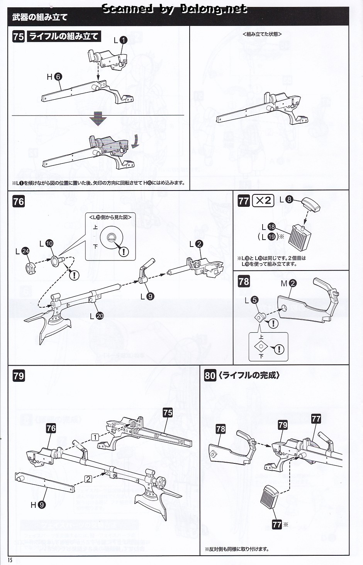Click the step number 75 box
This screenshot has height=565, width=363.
tap(19, 37)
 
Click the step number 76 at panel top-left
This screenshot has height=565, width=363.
tap(19, 202)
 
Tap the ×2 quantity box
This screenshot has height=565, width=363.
tap(263, 201)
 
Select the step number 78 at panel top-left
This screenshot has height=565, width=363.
tap(244, 281)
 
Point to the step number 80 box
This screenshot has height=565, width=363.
tap(210, 376)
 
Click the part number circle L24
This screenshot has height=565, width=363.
tap(26, 251)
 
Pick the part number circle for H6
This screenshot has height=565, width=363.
tap(58, 77)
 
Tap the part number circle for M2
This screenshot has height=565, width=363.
tap(292, 283)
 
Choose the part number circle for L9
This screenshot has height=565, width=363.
tap(150, 296)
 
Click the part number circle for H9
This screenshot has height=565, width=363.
tap(42, 504)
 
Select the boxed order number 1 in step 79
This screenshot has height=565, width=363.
tap(94, 437)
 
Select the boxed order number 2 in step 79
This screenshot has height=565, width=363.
tap(88, 479)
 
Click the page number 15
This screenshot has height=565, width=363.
tap(9, 560)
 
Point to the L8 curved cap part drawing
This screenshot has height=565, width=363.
tap(311, 204)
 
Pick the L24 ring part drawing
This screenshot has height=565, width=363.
tap(30, 267)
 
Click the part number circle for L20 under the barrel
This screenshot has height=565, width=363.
tap(100, 316)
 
